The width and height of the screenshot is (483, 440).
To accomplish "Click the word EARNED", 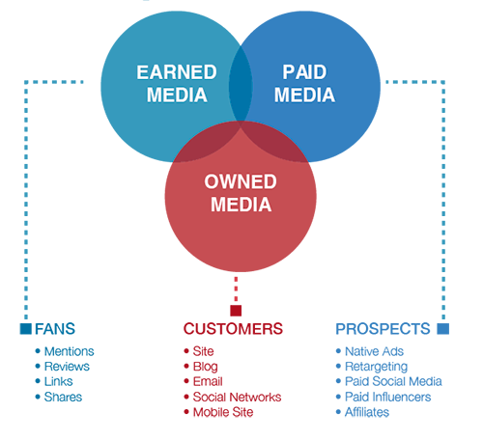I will pyautogui.click(x=176, y=73).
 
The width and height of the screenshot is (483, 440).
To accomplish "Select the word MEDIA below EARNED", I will pyautogui.click(x=176, y=95).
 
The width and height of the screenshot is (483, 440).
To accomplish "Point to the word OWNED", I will pyautogui.click(x=240, y=182).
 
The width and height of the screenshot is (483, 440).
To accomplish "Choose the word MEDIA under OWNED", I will pyautogui.click(x=240, y=204).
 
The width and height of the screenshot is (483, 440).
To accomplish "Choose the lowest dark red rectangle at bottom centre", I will pyautogui.click(x=219, y=382).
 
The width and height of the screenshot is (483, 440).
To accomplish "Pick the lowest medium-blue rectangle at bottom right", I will pyautogui.click(x=372, y=380).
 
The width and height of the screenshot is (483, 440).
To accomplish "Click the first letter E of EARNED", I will pyautogui.click(x=143, y=73).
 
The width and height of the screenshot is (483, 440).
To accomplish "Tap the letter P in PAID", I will pyautogui.click(x=286, y=73).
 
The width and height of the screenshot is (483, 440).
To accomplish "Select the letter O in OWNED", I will pyautogui.click(x=212, y=182).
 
